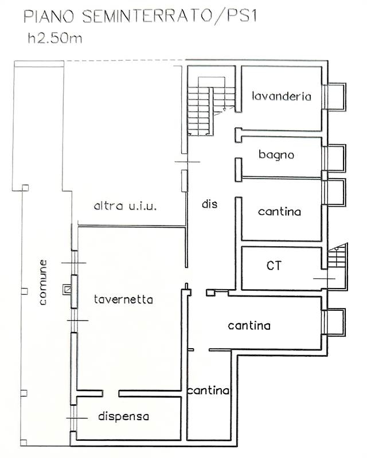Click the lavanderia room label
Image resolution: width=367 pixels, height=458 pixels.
click(282, 96)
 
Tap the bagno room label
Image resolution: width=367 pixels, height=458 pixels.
click(276, 155)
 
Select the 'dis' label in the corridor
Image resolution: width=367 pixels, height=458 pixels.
click(210, 203)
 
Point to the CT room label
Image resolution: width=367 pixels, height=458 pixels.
click(274, 265)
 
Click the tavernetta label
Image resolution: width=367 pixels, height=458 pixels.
click(123, 299)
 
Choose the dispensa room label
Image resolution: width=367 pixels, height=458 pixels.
click(123, 416)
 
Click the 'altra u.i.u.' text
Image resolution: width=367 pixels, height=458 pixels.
click(126, 206)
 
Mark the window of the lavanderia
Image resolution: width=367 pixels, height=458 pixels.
click(334, 97)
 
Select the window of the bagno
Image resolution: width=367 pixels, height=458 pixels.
click(334, 158)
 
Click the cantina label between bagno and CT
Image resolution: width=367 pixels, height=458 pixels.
click(279, 212)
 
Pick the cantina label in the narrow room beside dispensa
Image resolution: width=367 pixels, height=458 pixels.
click(208, 391)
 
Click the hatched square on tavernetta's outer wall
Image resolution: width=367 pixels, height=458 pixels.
click(69, 290)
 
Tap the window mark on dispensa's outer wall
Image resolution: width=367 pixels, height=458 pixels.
click(73, 418)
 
